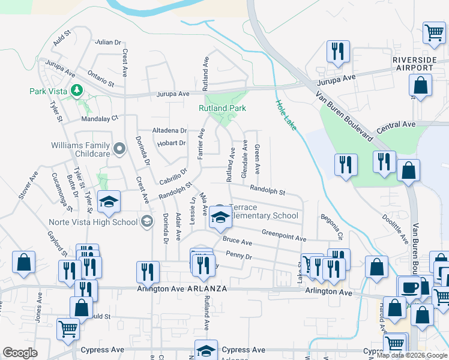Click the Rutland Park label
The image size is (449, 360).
(223, 109)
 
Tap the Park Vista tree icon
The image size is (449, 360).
(77, 91)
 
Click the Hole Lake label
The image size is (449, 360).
(286, 115)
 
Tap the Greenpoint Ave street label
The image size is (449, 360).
(284, 235)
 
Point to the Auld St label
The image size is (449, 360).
(62, 38)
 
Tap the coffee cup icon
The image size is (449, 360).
(411, 287)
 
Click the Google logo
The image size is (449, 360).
(20, 353)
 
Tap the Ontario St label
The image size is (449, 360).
(100, 78)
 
